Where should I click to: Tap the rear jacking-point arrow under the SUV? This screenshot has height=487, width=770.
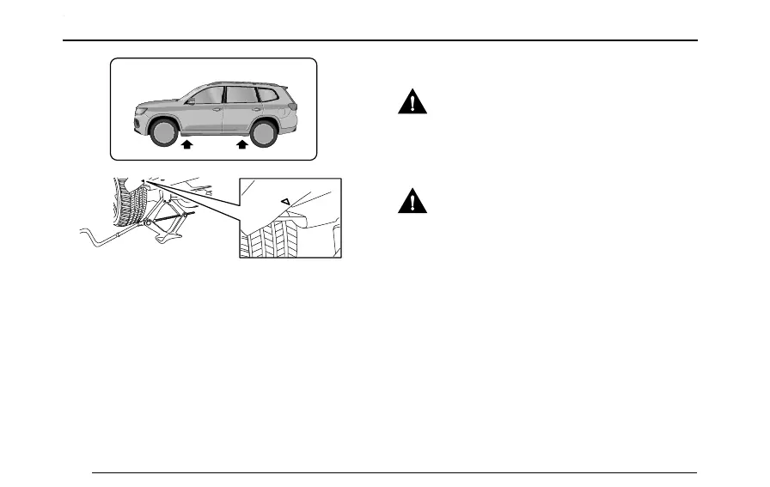coord(242,146)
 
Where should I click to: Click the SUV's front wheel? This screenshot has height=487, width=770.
coord(163,131)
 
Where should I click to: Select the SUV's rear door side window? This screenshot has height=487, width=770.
coord(241,94)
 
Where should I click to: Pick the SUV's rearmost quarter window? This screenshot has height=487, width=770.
coord(268,94)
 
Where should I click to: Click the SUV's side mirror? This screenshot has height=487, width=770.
coord(190,101)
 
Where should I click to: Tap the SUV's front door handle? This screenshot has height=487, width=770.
coord(217,110)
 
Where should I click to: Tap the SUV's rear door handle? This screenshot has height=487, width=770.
coord(256,109)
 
